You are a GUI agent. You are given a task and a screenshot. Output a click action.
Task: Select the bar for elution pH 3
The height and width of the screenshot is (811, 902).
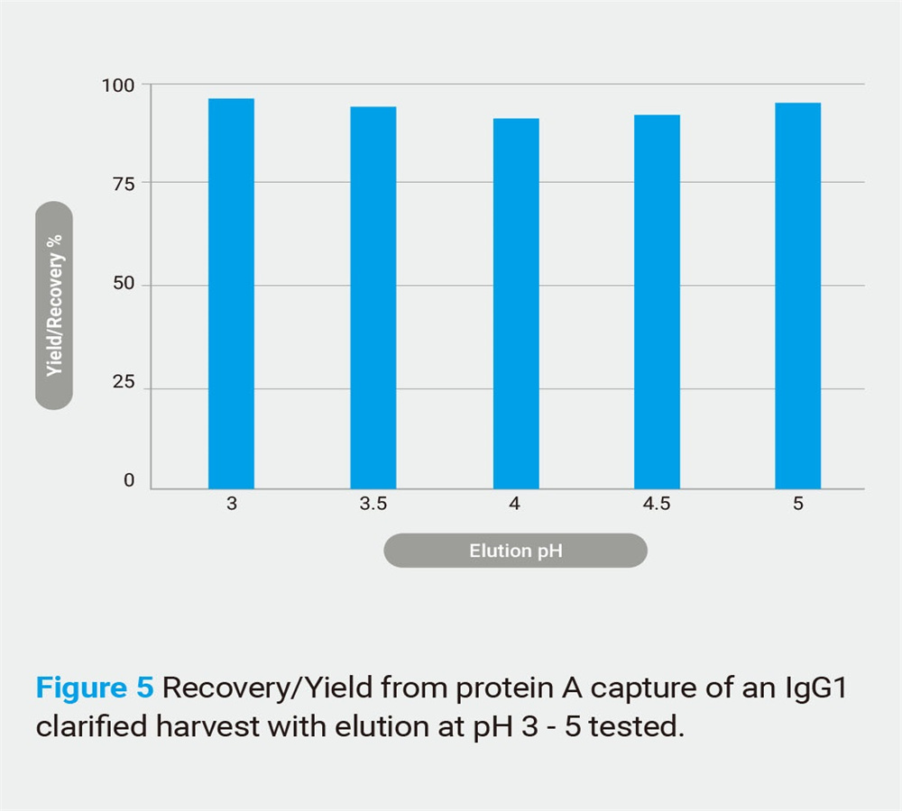pos(231,294)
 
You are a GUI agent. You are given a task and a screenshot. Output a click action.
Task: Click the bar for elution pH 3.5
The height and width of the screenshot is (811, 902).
pos(373,297)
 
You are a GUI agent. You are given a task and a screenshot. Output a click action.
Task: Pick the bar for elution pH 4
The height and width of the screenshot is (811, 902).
pos(516,304)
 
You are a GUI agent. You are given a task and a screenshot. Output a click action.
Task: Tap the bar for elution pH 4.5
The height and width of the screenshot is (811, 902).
pos(657,302)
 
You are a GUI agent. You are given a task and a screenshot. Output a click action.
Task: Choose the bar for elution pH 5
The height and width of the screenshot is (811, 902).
pos(798,296)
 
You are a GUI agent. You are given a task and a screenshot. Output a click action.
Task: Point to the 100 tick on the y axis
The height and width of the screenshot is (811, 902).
pos(118,86)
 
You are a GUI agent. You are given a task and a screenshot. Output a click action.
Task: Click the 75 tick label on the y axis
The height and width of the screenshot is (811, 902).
pos(124,184)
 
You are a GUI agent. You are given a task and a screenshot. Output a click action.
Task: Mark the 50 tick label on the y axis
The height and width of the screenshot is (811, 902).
pos(124,283)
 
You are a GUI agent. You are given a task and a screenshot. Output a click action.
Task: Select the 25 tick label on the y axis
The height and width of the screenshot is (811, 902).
pos(124,382)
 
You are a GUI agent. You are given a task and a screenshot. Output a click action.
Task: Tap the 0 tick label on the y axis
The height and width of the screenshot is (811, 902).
pos(129,480)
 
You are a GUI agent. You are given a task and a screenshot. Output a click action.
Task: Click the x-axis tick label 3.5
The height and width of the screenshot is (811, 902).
pos(373,504)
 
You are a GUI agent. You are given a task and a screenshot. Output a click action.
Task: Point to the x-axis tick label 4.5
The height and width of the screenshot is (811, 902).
pos(657,504)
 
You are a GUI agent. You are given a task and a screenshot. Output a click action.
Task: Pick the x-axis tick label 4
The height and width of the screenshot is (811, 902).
pos(515,504)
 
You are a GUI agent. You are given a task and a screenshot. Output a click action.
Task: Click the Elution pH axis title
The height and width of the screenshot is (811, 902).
pos(516,551)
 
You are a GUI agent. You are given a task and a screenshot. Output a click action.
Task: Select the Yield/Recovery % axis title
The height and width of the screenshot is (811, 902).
pos(54,305)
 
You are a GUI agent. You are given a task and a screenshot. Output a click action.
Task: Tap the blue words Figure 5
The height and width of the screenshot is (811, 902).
pos(95,688)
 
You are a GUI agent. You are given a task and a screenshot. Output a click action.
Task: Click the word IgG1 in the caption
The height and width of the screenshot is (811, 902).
pos(816,688)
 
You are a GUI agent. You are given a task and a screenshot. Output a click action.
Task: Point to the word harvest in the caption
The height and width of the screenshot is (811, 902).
pos(207,726)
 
